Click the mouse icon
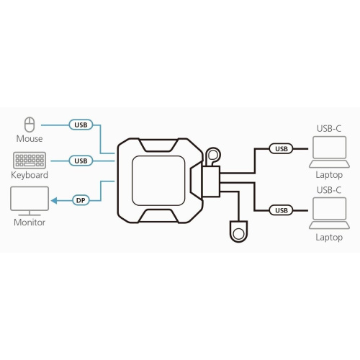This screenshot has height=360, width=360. tap(30, 124)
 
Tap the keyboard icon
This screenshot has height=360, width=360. tap(30, 160)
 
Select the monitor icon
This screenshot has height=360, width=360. tap(30, 200)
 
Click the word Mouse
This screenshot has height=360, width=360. tap(30, 138)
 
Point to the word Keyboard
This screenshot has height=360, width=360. tap(30, 175)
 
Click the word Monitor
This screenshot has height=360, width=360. tap(30, 222)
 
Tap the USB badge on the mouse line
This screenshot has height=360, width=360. tap(81, 124)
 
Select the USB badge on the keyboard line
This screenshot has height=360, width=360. tap(81, 160)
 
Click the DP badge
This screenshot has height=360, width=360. tap(81, 199)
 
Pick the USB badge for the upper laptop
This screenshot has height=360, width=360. tap(281, 149)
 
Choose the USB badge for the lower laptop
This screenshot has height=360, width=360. tap(281, 210)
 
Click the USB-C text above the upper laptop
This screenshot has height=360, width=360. tap(329, 129)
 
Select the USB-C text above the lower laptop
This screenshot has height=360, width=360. tap(329, 190)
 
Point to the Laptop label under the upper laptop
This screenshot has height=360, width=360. tap(329, 174)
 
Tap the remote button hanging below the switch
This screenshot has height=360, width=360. tap(239, 231)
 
